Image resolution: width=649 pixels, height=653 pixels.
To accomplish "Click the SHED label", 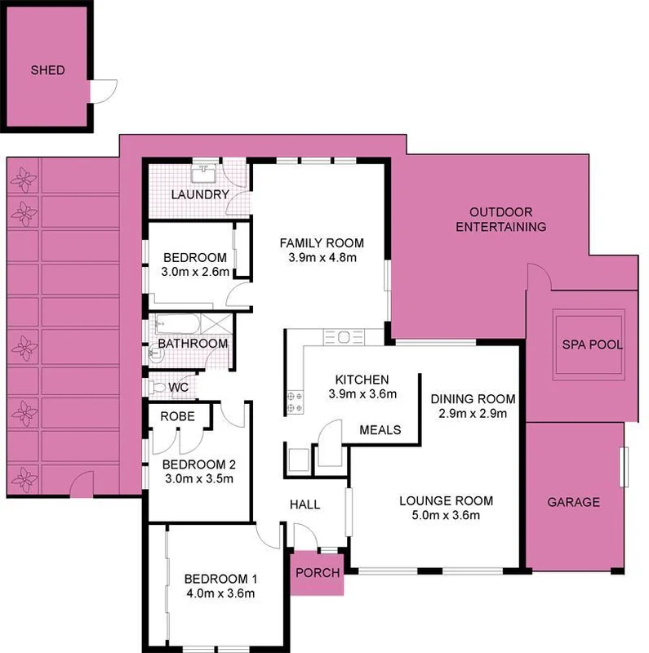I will [x=47, y=70].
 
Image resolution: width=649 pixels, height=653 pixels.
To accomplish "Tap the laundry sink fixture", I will [x=202, y=173].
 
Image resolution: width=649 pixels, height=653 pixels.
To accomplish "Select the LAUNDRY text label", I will [x=199, y=194].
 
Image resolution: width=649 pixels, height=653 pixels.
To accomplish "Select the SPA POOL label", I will [x=593, y=345].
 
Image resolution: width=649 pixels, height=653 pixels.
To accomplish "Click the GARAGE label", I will [x=573, y=502].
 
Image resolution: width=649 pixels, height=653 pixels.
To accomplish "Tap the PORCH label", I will [x=318, y=573].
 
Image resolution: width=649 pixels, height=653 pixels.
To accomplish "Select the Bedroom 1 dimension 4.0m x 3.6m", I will [x=220, y=593].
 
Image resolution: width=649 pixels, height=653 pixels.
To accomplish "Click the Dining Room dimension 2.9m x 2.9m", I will [x=473, y=414].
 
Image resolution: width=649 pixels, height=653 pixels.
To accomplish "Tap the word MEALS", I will [x=380, y=430].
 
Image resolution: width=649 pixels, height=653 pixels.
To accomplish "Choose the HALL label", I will [x=304, y=504].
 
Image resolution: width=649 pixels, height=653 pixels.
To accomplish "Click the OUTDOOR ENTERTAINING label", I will [x=500, y=219].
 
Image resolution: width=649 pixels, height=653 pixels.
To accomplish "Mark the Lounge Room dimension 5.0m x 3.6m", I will [x=446, y=515].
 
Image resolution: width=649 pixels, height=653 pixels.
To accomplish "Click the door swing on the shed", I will [x=104, y=91].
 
